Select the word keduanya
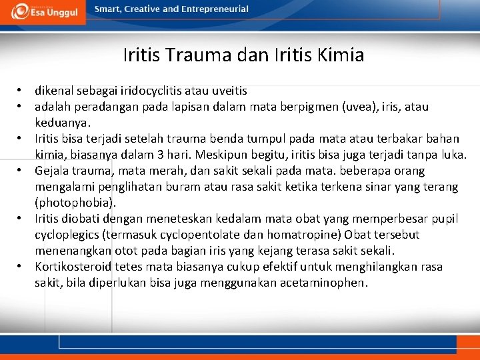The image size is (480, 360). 63,123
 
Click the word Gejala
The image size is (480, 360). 53,171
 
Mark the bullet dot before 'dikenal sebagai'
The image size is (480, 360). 21,90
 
